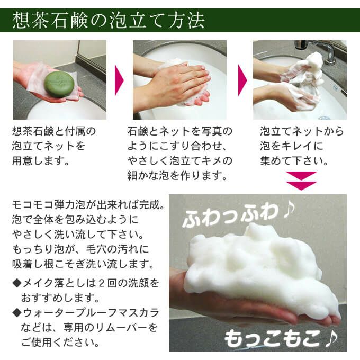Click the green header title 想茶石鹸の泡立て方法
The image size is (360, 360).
(x=109, y=21)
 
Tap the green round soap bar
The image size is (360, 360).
(x=59, y=85)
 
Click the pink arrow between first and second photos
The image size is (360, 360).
(x=119, y=80)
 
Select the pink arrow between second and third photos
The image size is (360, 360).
(x=242, y=80)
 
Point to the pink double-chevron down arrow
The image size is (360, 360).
(x=301, y=181)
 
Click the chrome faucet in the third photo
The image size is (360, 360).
(x=317, y=50)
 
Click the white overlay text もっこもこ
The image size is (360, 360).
(x=274, y=339)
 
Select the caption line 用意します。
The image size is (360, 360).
(x=41, y=161)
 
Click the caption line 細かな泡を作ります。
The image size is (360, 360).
(x=177, y=175)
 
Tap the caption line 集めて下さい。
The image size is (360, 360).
(x=294, y=161)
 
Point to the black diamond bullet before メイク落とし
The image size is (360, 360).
(x=16, y=283)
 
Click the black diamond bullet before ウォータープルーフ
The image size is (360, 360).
(x=16, y=313)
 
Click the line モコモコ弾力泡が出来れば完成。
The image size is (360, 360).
(x=88, y=205)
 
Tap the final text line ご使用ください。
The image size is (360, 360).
(x=60, y=343)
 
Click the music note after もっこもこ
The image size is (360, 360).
(x=331, y=338)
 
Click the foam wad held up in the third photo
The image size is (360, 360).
(x=303, y=69)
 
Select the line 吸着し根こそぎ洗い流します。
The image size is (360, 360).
(x=83, y=264)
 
